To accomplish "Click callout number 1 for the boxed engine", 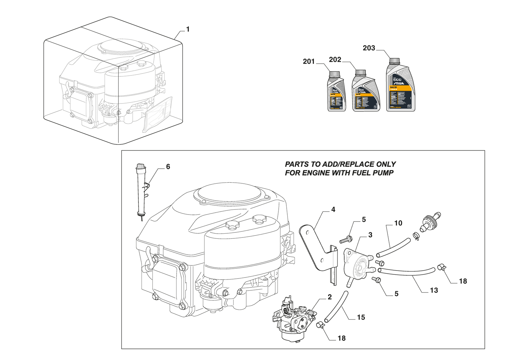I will pyautogui.click(x=188, y=29).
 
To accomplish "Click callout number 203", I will pyautogui.click(x=369, y=48).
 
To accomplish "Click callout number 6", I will pyautogui.click(x=168, y=167).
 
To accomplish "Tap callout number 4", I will pyautogui.click(x=333, y=209).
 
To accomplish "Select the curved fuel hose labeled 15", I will pyautogui.click(x=336, y=307).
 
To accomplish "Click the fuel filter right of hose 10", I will pyautogui.click(x=430, y=221).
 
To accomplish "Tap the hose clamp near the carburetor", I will pyautogui.click(x=321, y=325).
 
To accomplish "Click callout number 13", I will pyautogui.click(x=434, y=290).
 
